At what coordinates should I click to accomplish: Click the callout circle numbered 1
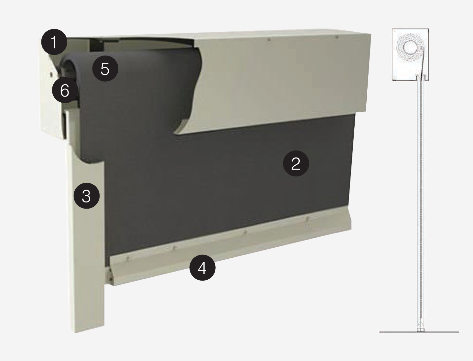tap(54, 42)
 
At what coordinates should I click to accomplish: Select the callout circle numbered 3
tap(86, 196)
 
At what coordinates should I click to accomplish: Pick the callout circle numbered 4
tap(202, 267)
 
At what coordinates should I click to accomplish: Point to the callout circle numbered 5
tap(105, 68)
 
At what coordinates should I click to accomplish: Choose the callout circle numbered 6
tap(65, 90)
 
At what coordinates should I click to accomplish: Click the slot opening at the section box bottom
tap(420, 77)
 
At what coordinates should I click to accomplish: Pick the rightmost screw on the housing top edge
tap(337, 37)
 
